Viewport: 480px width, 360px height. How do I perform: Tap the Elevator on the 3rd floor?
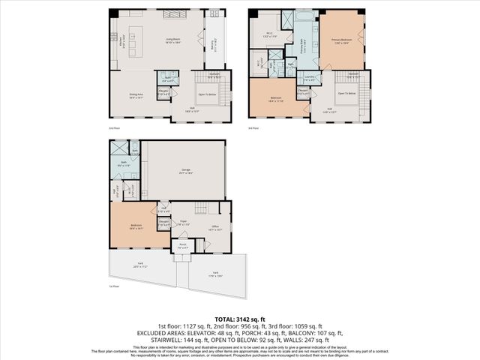point(303,93)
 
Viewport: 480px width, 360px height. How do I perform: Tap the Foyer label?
point(184,223)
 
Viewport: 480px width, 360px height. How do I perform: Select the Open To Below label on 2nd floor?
point(206,94)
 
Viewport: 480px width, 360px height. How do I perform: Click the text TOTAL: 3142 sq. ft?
point(240,319)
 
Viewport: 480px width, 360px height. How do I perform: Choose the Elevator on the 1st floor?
point(163,223)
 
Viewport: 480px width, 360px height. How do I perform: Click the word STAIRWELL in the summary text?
point(154,339)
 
